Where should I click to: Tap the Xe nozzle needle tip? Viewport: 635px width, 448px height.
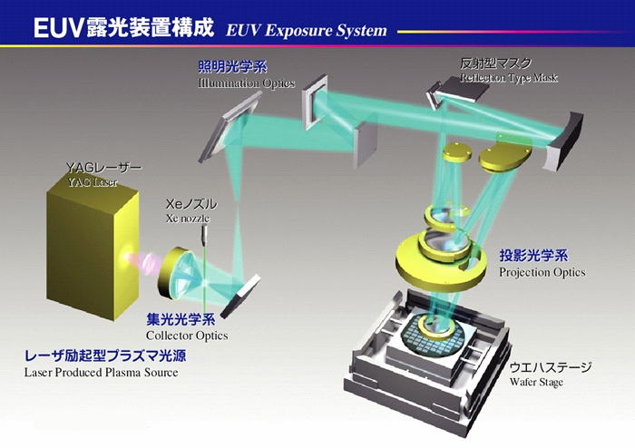coord(205,245)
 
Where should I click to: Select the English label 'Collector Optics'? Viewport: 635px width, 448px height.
coord(187,336)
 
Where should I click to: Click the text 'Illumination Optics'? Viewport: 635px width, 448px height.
coord(246,83)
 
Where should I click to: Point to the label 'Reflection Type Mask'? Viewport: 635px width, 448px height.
coord(509,77)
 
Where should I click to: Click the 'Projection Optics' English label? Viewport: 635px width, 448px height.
coord(542,272)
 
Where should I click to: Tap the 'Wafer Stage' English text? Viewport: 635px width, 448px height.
coord(536,382)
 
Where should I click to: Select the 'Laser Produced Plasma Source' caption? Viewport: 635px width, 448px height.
coord(101,373)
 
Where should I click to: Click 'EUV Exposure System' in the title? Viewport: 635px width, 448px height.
coord(307,30)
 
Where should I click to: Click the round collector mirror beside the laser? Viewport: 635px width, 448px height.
coord(177,274)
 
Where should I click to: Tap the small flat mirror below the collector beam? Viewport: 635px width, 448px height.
coord(239,297)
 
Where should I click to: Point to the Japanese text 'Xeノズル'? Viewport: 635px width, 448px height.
coord(191,204)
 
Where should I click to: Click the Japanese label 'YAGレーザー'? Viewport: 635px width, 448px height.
coord(103,168)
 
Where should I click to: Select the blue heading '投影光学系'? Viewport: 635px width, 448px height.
coord(533,256)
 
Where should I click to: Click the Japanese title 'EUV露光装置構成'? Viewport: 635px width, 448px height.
coord(123,27)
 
